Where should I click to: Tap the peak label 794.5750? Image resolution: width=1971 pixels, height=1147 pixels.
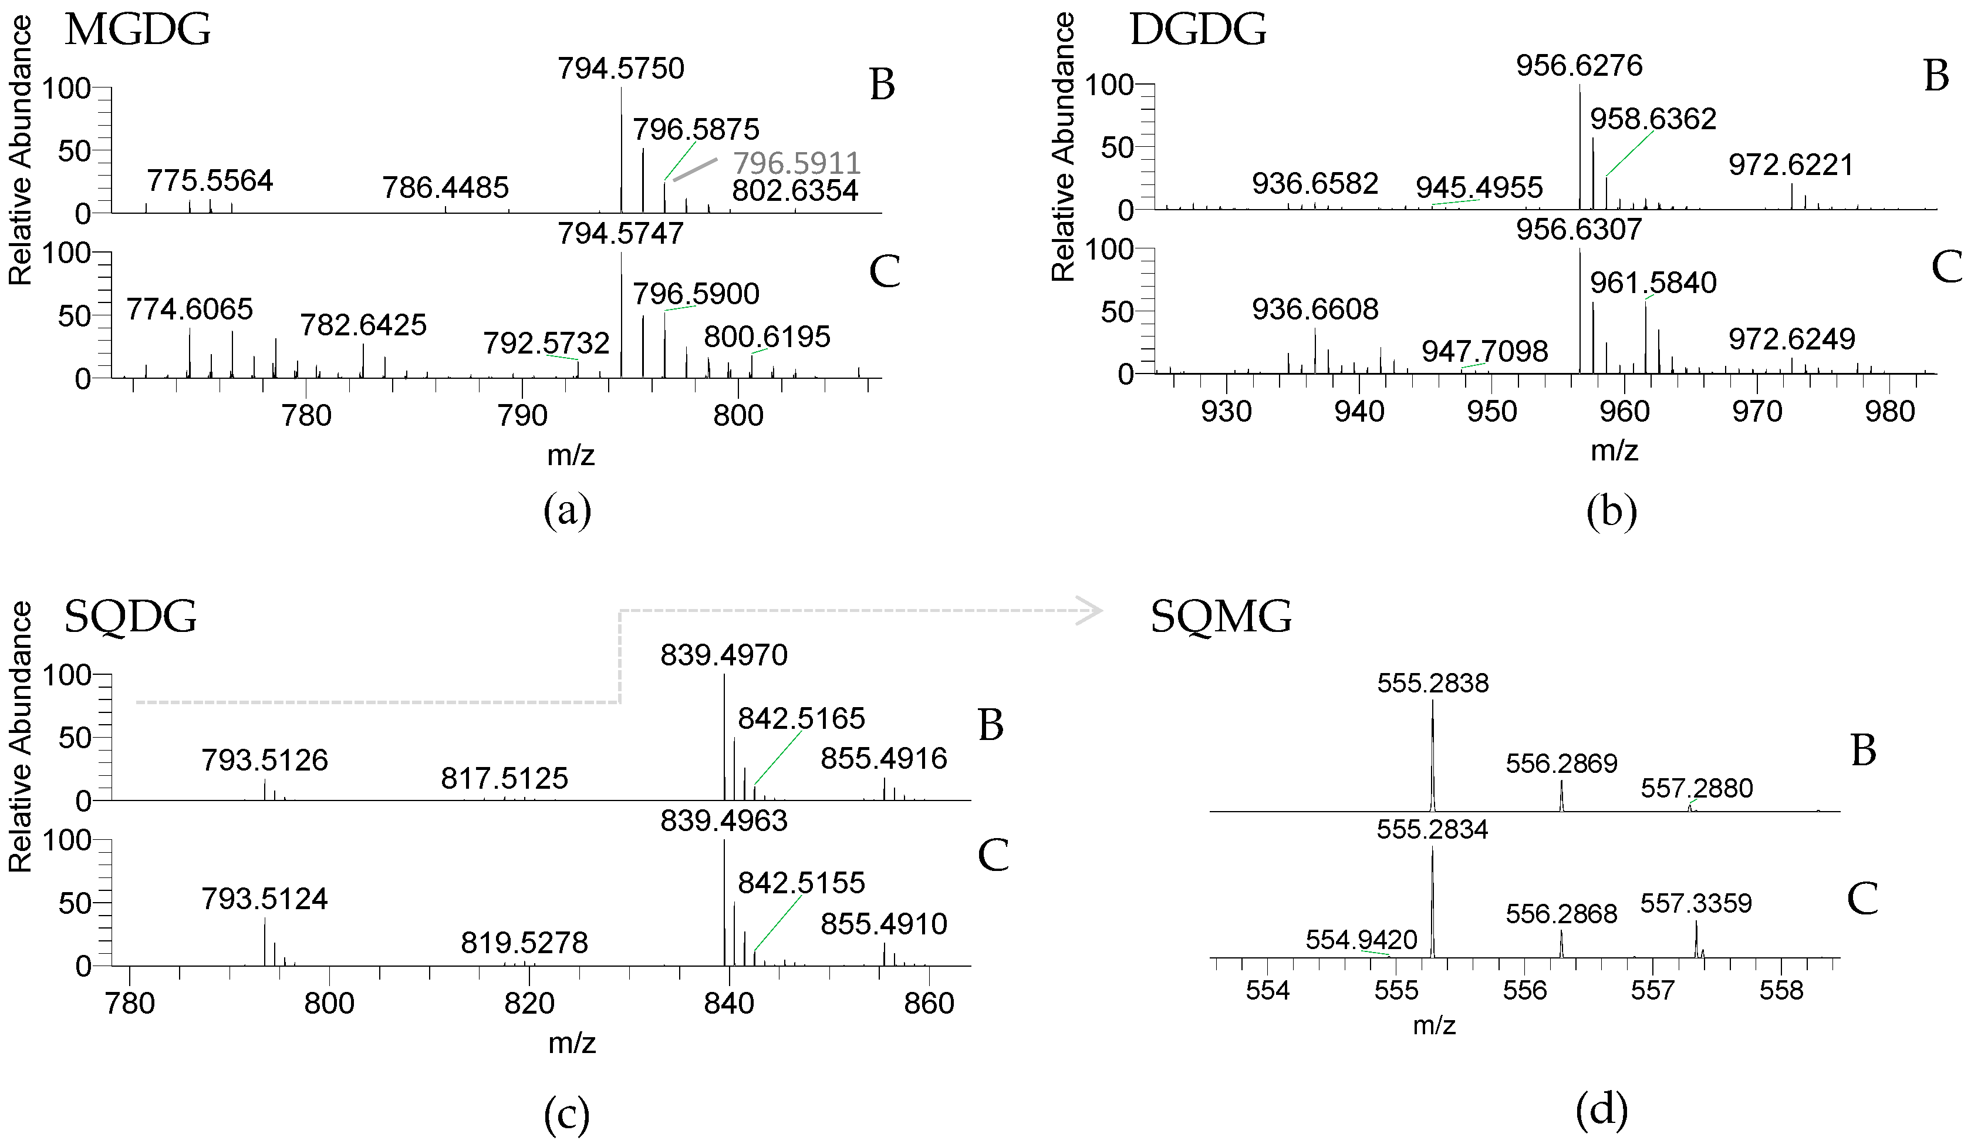pyautogui.click(x=620, y=69)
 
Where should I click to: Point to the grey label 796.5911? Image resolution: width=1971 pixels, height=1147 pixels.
pyautogui.click(x=797, y=163)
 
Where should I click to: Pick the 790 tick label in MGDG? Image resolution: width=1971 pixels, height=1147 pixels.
pyautogui.click(x=522, y=415)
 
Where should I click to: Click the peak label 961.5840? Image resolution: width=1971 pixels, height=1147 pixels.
pyautogui.click(x=1653, y=282)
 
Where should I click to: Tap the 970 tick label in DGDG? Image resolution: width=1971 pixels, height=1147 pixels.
pyautogui.click(x=1757, y=412)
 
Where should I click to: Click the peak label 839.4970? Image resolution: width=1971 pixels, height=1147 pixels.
pyautogui.click(x=724, y=655)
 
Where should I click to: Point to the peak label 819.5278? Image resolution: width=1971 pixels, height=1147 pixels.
pyautogui.click(x=524, y=943)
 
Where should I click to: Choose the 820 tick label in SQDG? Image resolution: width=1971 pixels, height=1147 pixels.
pyautogui.click(x=529, y=1003)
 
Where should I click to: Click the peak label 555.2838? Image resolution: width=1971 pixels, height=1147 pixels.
pyautogui.click(x=1433, y=683)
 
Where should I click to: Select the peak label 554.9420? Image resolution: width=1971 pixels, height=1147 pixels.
pyautogui.click(x=1361, y=939)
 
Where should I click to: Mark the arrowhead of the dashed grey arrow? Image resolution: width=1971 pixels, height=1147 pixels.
pyautogui.click(x=1091, y=610)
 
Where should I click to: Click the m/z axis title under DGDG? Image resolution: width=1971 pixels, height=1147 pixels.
pyautogui.click(x=1614, y=450)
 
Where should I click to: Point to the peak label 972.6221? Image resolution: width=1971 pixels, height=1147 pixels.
pyautogui.click(x=1790, y=165)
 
